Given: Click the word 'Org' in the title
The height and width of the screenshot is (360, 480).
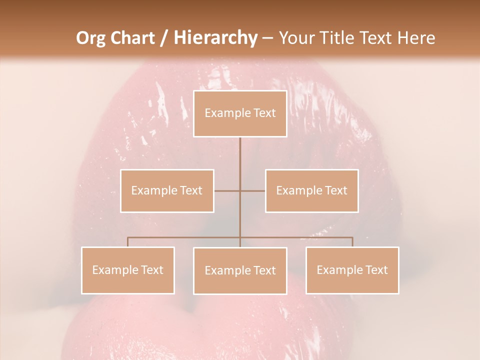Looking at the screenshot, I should [x=91, y=38].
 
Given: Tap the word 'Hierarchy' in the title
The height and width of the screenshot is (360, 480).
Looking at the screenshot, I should [x=215, y=38].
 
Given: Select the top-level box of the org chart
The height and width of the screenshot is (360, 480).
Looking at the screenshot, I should [x=240, y=113].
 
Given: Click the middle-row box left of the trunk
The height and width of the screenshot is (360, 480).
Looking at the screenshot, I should [x=167, y=190].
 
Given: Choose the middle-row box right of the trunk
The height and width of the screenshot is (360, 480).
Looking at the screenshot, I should [x=311, y=190].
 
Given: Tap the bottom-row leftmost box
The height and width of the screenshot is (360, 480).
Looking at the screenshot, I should [x=127, y=270].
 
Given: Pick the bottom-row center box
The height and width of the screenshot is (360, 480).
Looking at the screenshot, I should [x=240, y=270].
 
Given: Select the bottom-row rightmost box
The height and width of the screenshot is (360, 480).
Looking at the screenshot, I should [x=352, y=270].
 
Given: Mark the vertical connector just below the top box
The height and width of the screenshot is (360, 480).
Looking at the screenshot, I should [x=240, y=150].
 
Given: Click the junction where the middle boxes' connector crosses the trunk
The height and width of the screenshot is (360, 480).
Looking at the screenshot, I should [x=240, y=190].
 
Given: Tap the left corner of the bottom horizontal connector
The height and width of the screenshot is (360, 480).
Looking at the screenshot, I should [x=127, y=237].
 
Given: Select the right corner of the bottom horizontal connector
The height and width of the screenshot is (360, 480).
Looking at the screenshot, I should [x=352, y=237].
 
